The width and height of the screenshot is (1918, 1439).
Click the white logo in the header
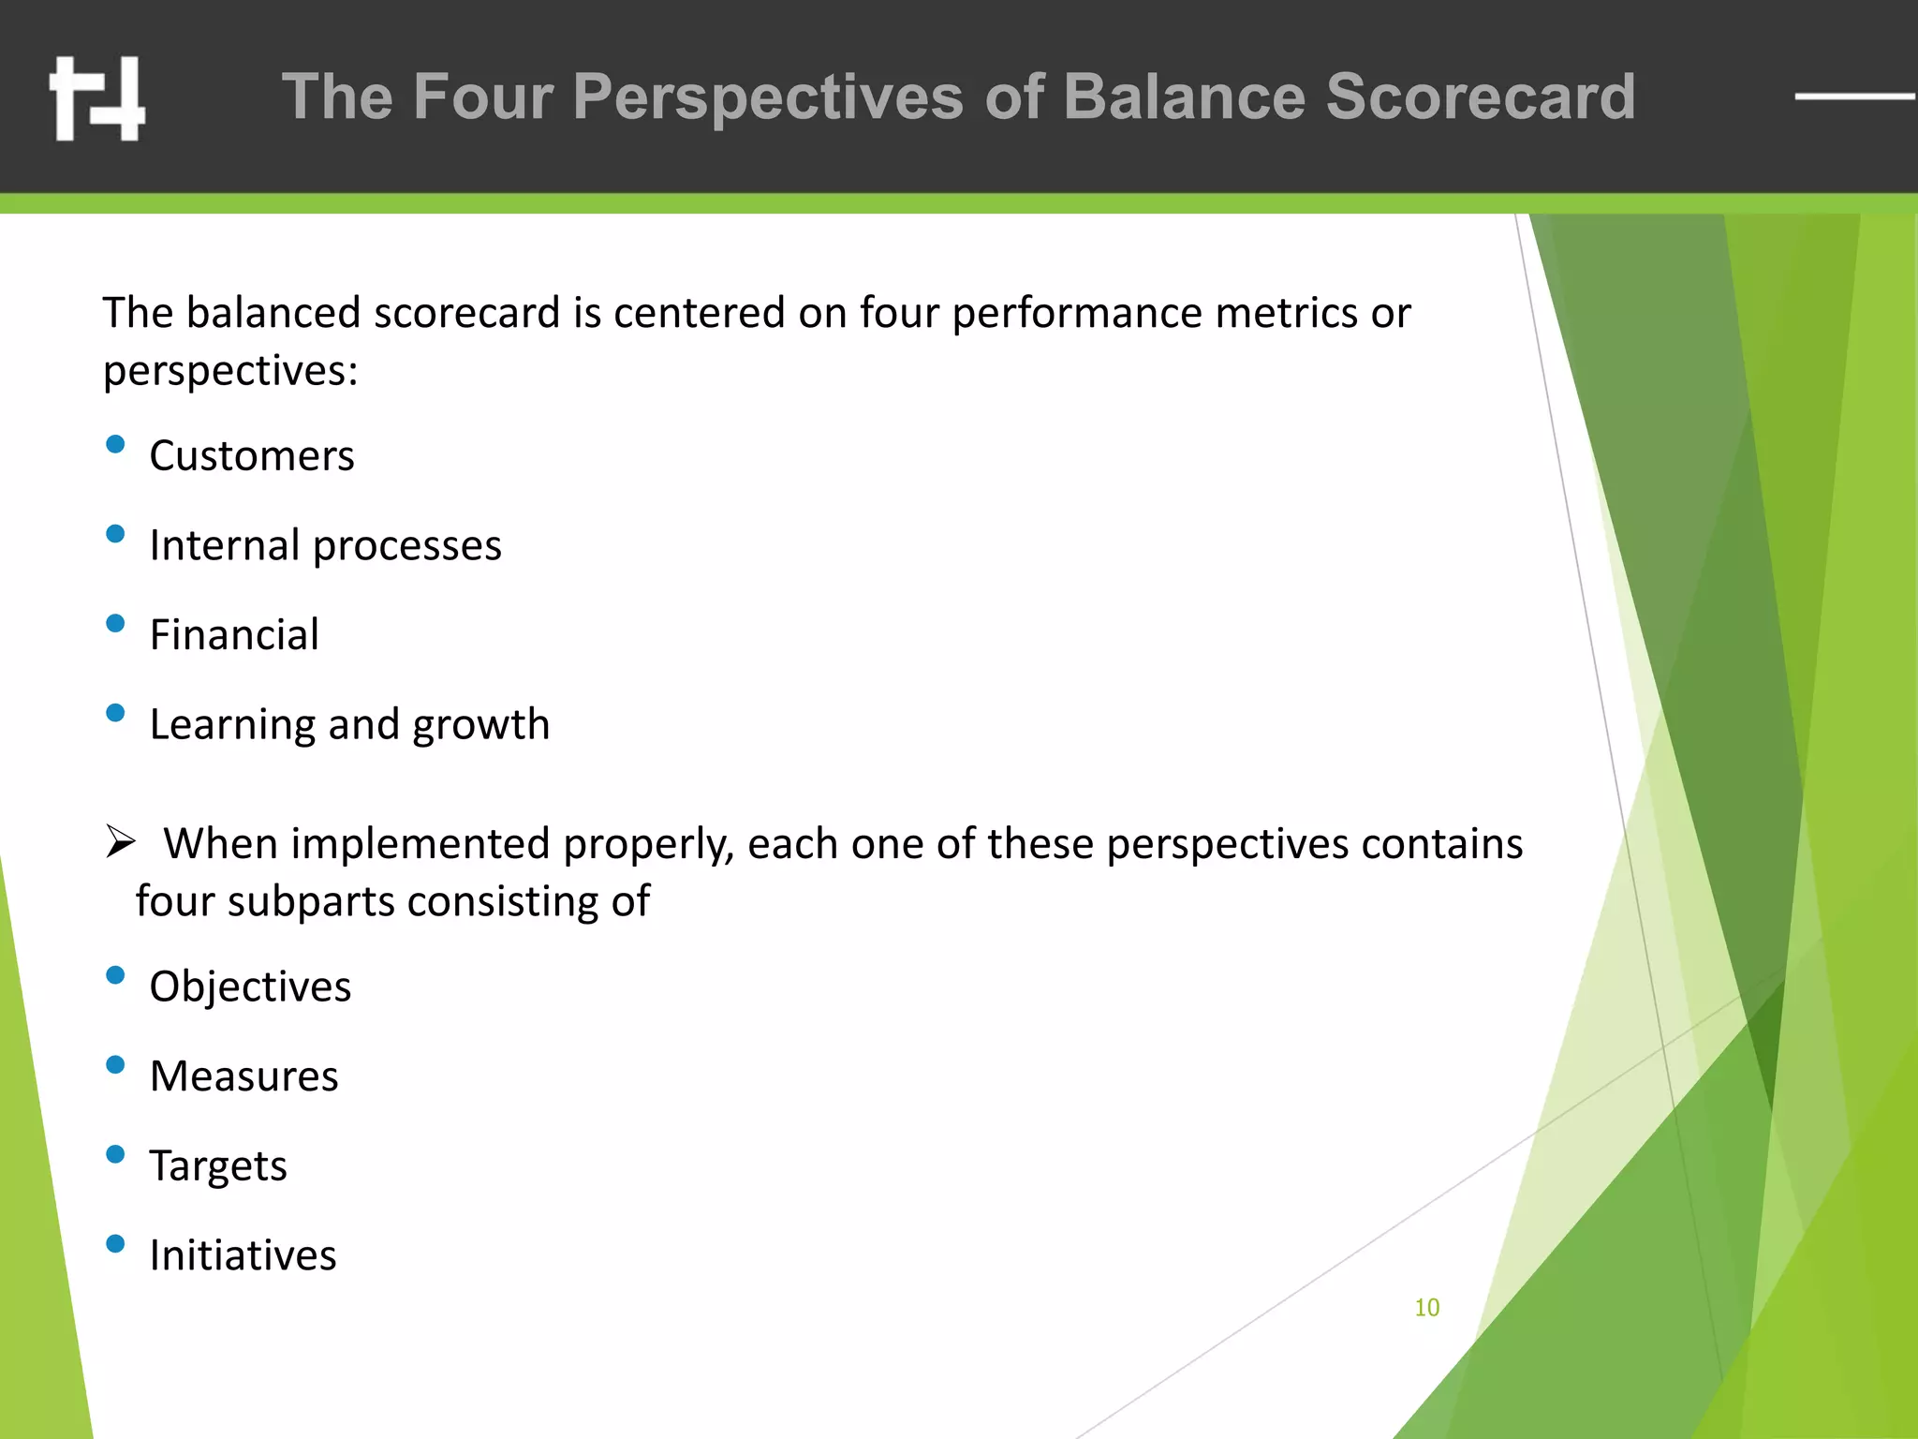[x=97, y=98]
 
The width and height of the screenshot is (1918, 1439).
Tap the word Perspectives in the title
[x=768, y=96]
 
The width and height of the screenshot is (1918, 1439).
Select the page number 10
[x=1426, y=1307]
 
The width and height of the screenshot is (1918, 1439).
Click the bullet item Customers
[x=252, y=456]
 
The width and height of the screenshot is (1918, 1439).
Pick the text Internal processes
[x=325, y=545]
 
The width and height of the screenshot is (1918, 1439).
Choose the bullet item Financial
[x=234, y=635]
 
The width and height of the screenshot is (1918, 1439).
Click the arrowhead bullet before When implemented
[x=121, y=841]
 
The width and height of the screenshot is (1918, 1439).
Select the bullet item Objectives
[x=250, y=987]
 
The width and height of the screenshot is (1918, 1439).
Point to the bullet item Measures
[x=243, y=1076]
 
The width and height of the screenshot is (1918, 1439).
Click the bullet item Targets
[x=218, y=1166]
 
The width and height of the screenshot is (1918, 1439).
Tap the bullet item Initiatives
[x=243, y=1255]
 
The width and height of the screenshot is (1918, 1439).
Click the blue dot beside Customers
[x=115, y=444]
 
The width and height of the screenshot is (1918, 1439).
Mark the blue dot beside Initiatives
[x=115, y=1243]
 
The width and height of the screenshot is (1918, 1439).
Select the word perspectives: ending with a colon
[x=230, y=371]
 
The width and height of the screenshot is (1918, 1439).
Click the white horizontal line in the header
[x=1854, y=96]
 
